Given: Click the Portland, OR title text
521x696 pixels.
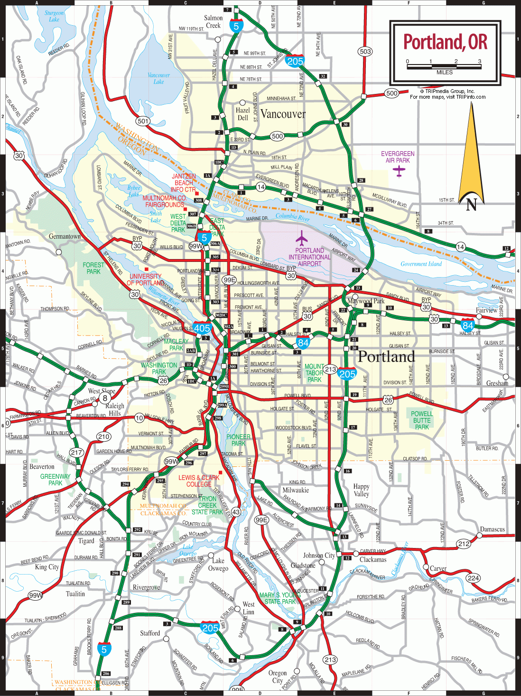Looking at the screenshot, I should (x=445, y=42).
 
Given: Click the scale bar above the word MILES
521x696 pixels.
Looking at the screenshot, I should (x=444, y=67).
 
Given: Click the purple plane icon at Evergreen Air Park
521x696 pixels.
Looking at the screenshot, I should (x=399, y=171).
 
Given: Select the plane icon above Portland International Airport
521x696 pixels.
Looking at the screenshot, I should (x=302, y=238).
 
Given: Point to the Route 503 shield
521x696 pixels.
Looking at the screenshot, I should (x=365, y=51).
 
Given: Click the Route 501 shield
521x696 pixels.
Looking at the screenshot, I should (x=143, y=121).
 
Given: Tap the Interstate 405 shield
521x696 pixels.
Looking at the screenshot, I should (x=202, y=328).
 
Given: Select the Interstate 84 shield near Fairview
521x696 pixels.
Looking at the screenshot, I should (x=468, y=325).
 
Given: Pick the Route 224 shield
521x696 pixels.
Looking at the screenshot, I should (x=473, y=577).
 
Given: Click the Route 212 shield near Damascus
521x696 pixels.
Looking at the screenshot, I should (x=464, y=544).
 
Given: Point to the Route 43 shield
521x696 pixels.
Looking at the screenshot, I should (x=236, y=512).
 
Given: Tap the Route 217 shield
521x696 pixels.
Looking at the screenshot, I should (x=76, y=453).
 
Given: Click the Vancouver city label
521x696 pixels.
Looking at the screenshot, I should (x=283, y=114).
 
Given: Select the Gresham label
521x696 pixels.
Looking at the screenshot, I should (x=497, y=383).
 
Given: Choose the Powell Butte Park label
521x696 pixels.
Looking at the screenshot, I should (x=421, y=420).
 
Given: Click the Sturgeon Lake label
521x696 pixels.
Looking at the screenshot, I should (x=54, y=16).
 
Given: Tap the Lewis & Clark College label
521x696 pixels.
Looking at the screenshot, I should (x=199, y=481).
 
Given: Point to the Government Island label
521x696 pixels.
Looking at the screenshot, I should (x=421, y=264).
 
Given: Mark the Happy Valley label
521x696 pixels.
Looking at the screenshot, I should (x=361, y=490).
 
